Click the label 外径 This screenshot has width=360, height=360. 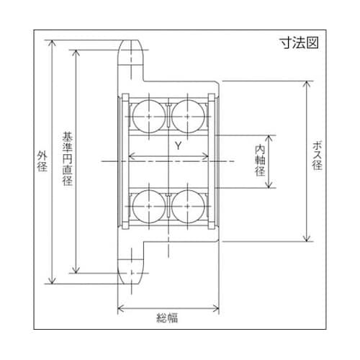[x=41, y=162]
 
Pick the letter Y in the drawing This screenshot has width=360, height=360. [x=176, y=146]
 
